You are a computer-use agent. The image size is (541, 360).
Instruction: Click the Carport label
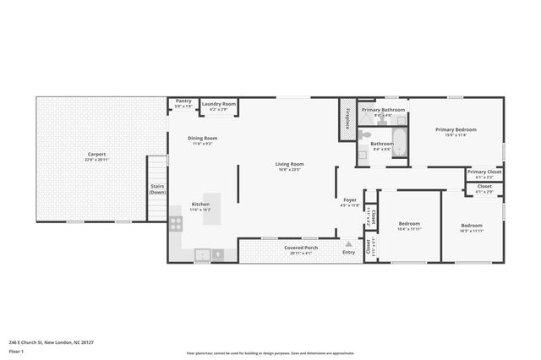96,155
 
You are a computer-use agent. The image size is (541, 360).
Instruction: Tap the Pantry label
183,101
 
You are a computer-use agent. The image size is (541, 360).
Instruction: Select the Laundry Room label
218,104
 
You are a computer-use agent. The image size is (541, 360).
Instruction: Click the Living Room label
289,164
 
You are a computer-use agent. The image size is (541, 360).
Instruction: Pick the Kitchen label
200,205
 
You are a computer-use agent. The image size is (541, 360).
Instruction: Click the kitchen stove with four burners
176,223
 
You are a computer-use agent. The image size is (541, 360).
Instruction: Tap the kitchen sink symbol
202,253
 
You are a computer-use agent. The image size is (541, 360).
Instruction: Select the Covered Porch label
300,248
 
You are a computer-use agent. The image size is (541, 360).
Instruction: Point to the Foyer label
349,200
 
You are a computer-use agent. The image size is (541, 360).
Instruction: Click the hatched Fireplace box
347,119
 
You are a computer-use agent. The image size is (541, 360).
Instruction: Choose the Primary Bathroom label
382,110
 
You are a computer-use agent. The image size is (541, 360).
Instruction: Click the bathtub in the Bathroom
400,144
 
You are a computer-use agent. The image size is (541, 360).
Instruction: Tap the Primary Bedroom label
456,129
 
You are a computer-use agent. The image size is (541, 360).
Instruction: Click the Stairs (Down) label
157,188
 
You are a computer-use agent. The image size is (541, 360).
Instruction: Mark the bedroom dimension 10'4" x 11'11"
409,229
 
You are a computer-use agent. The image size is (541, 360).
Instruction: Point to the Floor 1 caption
16,351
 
